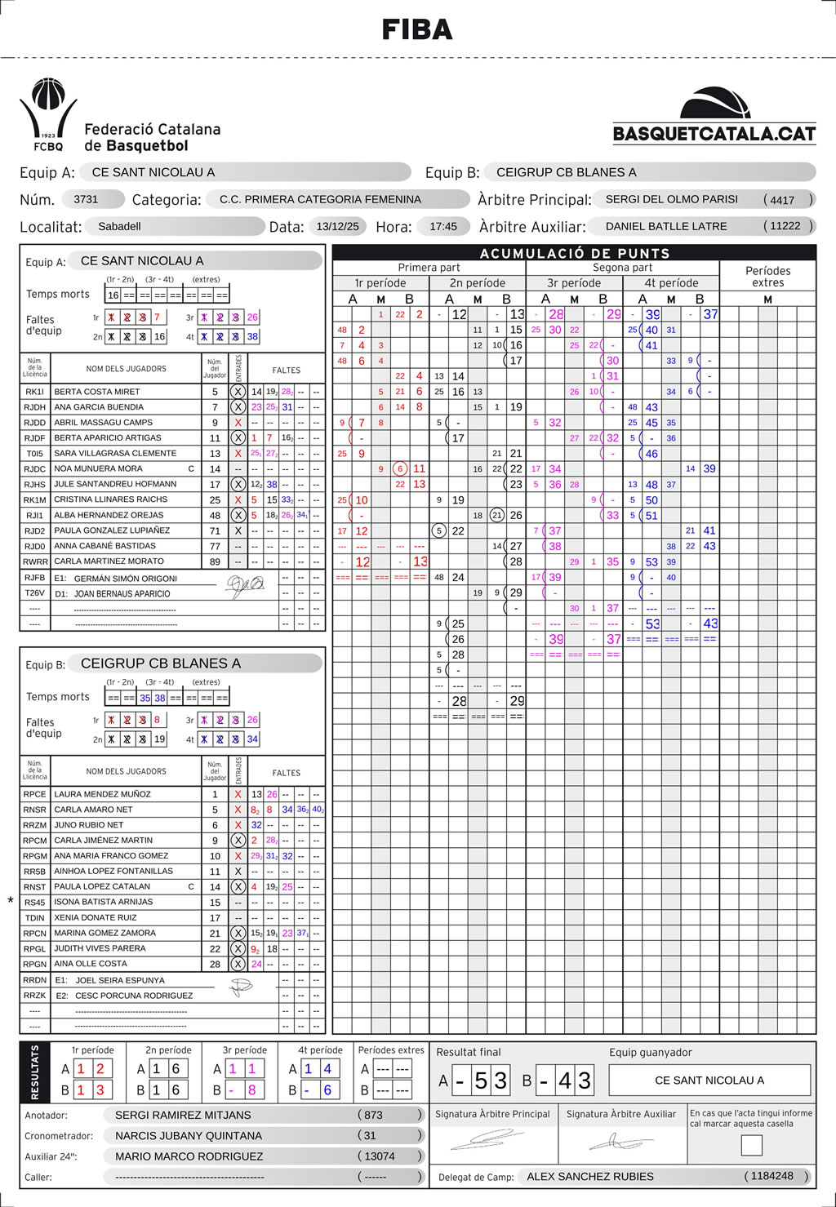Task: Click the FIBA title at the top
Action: tap(417, 30)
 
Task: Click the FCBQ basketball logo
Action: tap(48, 114)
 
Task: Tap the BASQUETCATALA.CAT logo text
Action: tap(714, 134)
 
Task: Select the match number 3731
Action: tap(86, 199)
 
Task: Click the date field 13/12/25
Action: tap(337, 226)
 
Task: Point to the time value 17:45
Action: tap(443, 226)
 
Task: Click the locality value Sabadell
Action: tap(119, 226)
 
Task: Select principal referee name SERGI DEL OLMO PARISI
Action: tap(671, 199)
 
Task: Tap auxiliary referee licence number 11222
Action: tap(785, 226)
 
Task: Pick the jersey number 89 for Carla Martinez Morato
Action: tap(215, 561)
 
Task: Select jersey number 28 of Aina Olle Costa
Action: tap(215, 964)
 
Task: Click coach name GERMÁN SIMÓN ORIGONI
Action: tap(125, 579)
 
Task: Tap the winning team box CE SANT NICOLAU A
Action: tap(709, 1081)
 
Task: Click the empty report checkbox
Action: tap(751, 1145)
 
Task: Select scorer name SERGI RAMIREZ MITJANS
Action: tap(183, 1115)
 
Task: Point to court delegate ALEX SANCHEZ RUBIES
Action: tap(590, 1177)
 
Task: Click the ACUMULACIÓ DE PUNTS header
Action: tap(574, 253)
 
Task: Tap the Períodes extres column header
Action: tap(767, 277)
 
